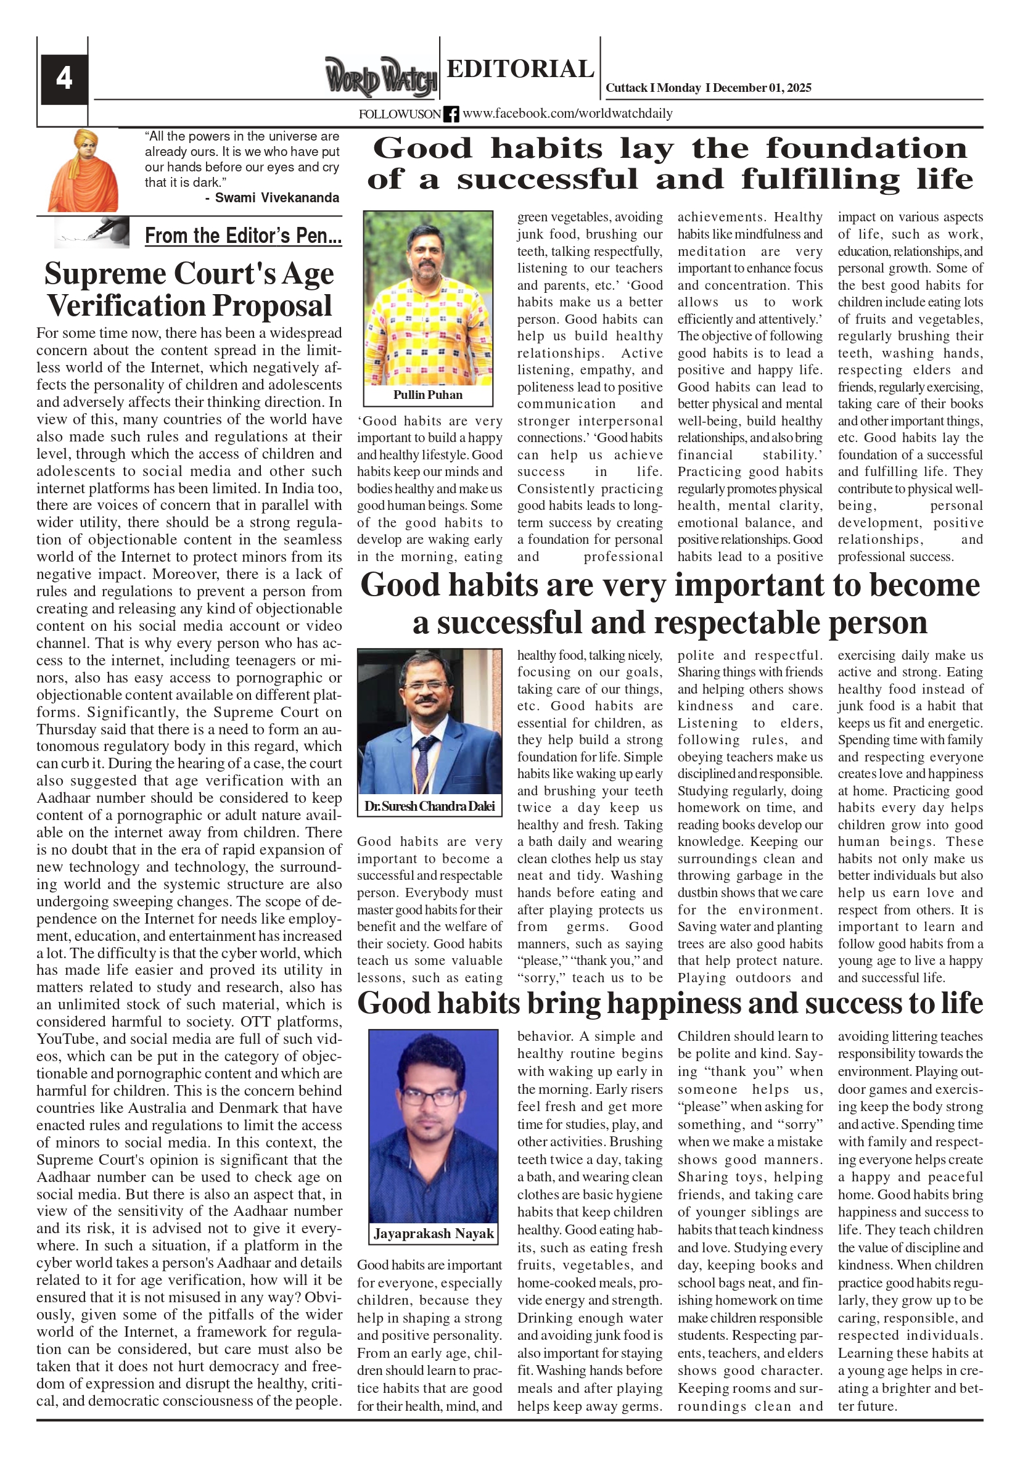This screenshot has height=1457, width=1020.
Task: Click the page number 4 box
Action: pyautogui.click(x=64, y=79)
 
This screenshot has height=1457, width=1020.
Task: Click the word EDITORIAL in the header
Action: pyautogui.click(x=520, y=68)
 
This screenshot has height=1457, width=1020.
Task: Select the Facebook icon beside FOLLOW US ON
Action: pyautogui.click(x=451, y=114)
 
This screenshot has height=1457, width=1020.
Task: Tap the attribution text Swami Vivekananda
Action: pyautogui.click(x=277, y=198)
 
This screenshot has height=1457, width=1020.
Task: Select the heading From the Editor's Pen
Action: pyautogui.click(x=243, y=236)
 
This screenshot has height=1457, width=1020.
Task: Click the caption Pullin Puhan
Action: pyautogui.click(x=428, y=395)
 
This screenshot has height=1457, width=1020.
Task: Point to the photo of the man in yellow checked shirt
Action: pyautogui.click(x=428, y=298)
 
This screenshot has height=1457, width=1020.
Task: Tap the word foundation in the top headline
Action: pyautogui.click(x=866, y=149)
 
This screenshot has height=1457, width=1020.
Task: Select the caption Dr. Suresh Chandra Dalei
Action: pyautogui.click(x=429, y=806)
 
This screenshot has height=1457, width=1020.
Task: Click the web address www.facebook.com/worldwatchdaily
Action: pyautogui.click(x=567, y=113)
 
